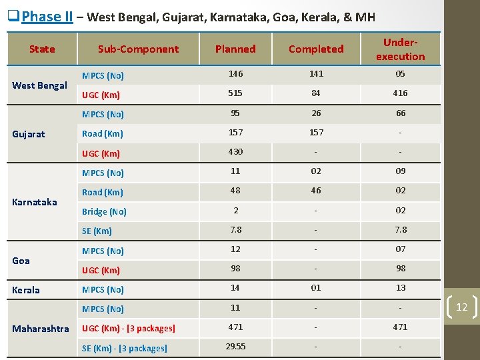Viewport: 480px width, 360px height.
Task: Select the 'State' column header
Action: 42,49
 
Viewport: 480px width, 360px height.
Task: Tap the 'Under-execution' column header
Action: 400,49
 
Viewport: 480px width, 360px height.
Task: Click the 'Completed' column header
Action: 316,49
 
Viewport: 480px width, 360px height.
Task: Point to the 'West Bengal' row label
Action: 39,85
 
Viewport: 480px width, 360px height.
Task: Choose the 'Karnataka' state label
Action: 35,202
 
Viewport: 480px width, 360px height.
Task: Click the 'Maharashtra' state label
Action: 39,329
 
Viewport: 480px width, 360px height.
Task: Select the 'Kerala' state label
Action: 26,290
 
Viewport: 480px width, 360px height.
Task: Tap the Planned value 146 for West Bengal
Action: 235,75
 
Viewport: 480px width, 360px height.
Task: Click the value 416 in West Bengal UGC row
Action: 400,94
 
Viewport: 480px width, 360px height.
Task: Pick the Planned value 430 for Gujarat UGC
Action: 235,152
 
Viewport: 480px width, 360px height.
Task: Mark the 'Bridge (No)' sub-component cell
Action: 104,212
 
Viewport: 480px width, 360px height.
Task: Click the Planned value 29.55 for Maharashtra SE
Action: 235,347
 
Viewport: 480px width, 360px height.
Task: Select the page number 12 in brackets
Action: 461,307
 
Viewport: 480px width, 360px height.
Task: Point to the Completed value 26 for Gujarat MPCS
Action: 316,113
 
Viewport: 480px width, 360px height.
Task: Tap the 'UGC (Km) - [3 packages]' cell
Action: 129,329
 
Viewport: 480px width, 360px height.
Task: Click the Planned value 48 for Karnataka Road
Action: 235,191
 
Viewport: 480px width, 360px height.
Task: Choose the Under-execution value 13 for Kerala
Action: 400,288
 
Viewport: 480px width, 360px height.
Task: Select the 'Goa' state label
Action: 21,261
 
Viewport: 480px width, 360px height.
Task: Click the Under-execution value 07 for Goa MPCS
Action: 400,249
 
